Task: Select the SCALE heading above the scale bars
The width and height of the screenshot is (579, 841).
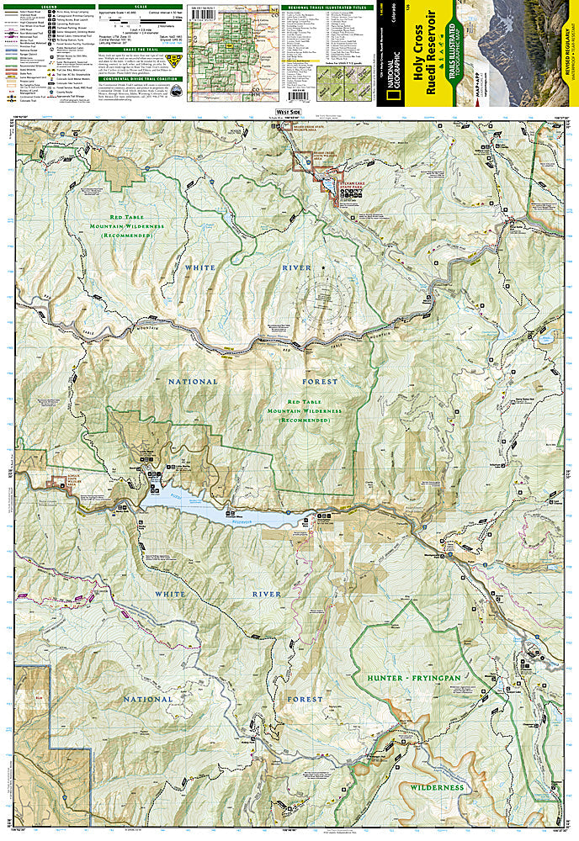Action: (139, 6)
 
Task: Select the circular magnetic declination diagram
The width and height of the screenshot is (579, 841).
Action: (321, 294)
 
